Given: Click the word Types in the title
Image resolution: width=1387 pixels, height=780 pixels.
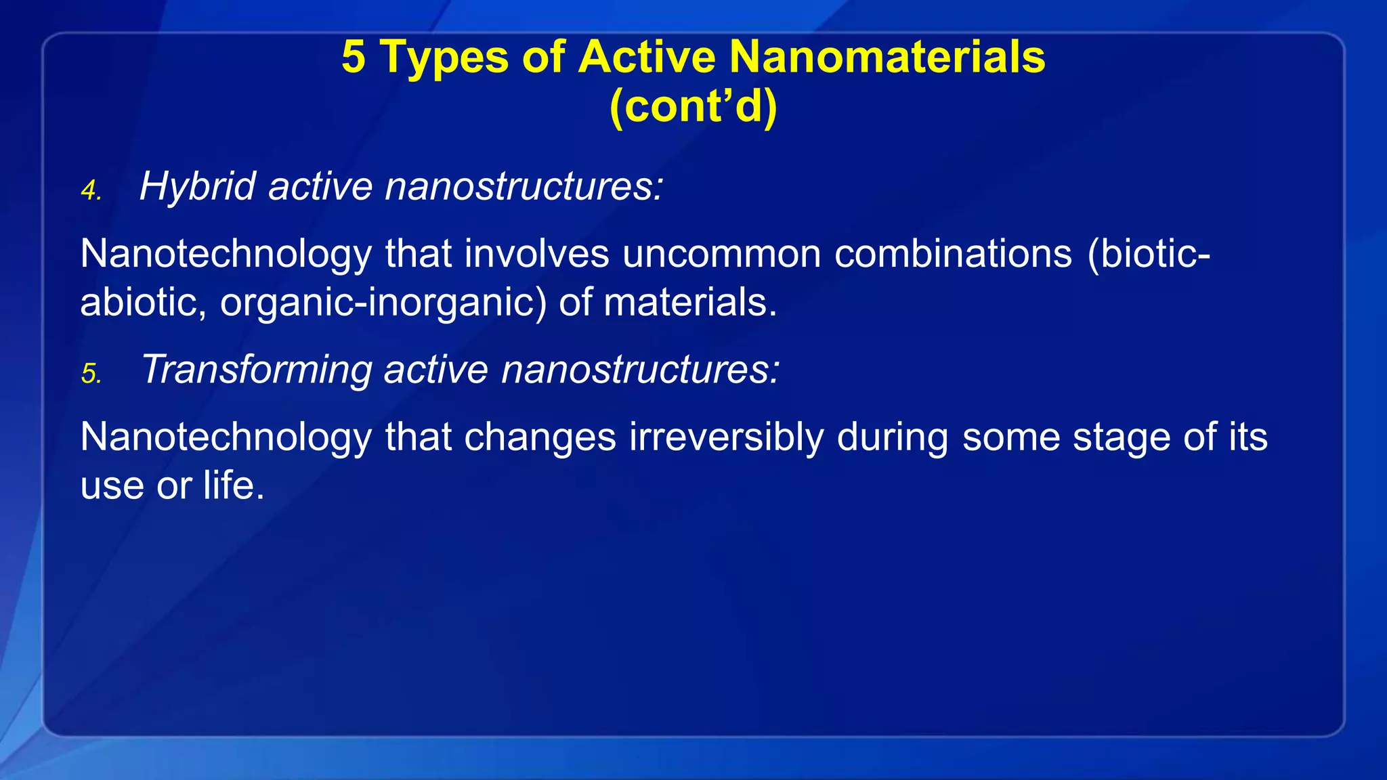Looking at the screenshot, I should coord(444,58).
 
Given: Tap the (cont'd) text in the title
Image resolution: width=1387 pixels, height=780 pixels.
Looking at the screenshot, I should coord(693,106).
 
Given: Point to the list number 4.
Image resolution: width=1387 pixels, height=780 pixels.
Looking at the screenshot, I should coord(91,191).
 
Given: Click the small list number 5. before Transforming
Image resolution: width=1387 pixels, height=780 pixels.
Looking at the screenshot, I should coord(91,374).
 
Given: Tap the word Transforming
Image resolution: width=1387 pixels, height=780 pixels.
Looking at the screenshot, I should coord(256,370).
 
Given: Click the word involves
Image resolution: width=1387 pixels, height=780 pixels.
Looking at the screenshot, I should coord(536,254).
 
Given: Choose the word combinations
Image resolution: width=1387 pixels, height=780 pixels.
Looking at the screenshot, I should coord(953,254).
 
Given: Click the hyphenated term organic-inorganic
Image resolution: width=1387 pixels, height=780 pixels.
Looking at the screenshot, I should coord(383,303).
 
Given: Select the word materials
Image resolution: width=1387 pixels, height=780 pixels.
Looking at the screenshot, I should coord(689,302).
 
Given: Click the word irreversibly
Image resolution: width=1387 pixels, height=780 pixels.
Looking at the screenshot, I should coord(726,437).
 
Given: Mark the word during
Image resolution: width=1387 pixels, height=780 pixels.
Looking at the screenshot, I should coord(893,437).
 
